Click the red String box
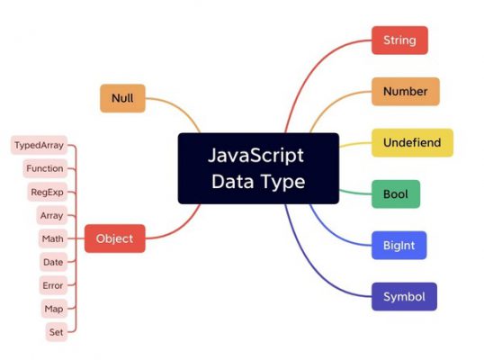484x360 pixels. [x=399, y=40]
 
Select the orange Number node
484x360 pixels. [x=406, y=92]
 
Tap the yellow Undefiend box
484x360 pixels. [x=412, y=143]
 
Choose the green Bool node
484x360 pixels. [x=396, y=194]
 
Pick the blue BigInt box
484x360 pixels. [x=399, y=246]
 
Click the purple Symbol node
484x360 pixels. [x=404, y=297]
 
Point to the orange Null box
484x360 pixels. [x=122, y=98]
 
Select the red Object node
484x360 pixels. [x=115, y=238]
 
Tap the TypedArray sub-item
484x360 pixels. [x=40, y=145]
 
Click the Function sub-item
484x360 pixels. [x=45, y=168]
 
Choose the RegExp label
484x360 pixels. [x=47, y=192]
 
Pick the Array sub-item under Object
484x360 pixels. [x=52, y=215]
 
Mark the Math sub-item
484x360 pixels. [x=53, y=238]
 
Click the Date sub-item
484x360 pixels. [x=53, y=262]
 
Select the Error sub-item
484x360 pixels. [x=53, y=285]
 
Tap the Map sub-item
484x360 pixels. [x=54, y=309]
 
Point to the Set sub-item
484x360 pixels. [x=57, y=332]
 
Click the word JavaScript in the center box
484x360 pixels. [x=255, y=156]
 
